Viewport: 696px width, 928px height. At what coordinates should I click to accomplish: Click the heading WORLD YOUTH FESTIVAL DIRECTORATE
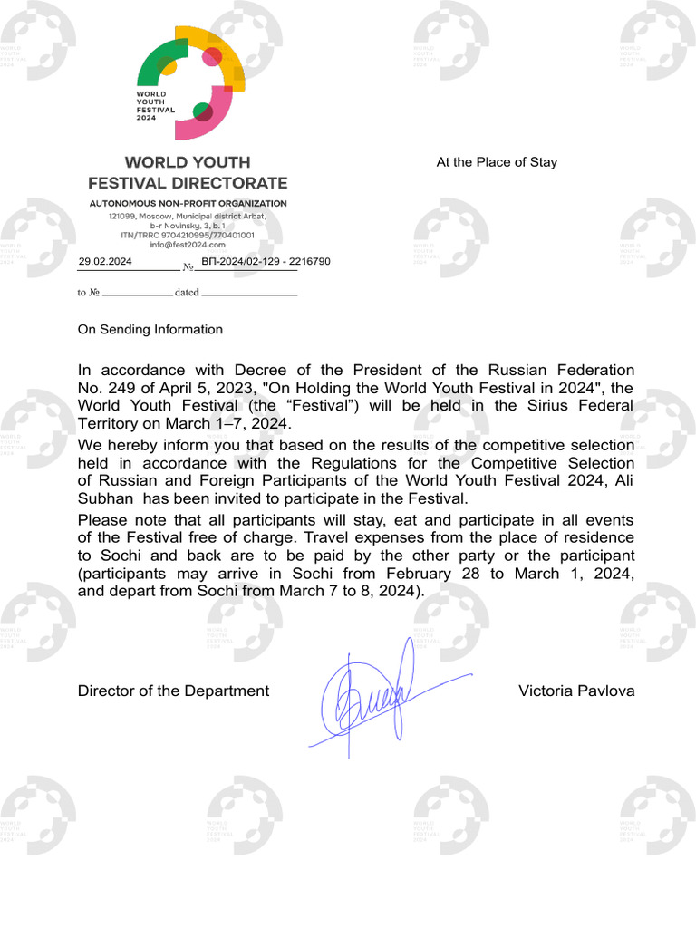188,172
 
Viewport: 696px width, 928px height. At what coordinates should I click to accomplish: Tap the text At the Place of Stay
497,162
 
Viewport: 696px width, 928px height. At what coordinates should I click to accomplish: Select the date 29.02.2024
105,261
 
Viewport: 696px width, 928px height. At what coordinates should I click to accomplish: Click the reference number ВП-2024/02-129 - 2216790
266,261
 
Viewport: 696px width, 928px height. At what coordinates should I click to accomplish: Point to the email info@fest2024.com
188,245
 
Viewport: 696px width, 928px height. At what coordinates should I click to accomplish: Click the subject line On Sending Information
150,330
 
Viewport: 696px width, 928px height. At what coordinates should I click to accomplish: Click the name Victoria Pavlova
576,691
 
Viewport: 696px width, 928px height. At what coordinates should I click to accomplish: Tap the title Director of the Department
173,691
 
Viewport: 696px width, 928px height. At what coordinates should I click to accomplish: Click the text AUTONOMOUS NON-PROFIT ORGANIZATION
188,204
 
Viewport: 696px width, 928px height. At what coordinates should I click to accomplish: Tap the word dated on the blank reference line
187,293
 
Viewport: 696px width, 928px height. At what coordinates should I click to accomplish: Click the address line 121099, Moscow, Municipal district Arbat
188,217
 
